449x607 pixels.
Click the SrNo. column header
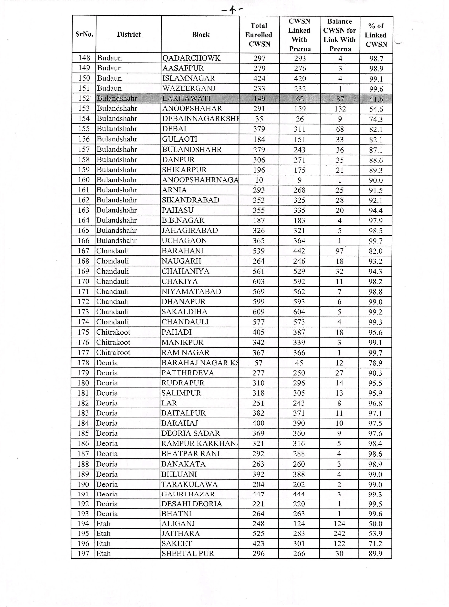click(x=84, y=34)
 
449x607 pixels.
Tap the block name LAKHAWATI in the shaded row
click(x=186, y=98)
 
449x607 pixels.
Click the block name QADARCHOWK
click(x=191, y=58)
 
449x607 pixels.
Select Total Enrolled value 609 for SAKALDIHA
click(x=259, y=312)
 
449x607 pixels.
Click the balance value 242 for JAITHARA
click(x=339, y=533)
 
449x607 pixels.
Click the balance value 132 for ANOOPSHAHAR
click(x=340, y=109)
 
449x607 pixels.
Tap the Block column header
click(x=201, y=34)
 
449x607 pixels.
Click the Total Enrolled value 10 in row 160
click(x=259, y=180)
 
